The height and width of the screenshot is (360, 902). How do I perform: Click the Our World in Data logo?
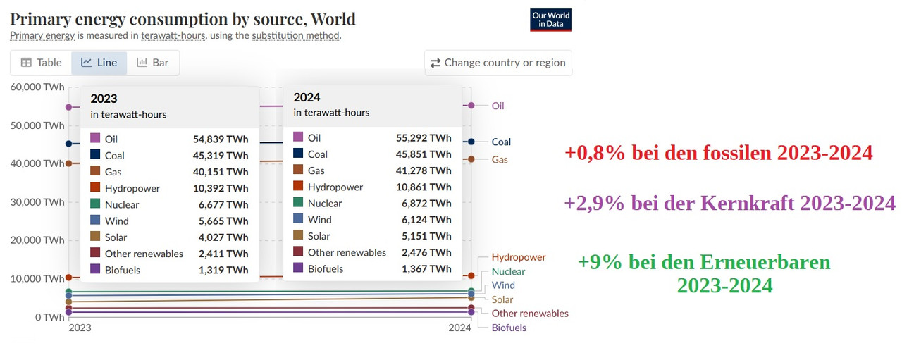click(550, 20)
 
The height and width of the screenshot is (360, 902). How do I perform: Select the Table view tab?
click(41, 63)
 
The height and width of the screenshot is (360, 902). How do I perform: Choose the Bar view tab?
click(153, 63)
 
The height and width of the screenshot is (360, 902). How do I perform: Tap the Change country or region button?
click(498, 63)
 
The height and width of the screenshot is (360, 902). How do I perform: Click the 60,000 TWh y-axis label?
click(37, 87)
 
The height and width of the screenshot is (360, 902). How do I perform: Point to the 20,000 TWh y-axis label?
click(37, 240)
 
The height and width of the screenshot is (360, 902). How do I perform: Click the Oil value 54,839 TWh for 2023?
click(221, 139)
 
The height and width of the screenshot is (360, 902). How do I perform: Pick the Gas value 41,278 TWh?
click(424, 170)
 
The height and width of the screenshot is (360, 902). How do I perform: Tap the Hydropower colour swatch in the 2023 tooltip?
click(94, 188)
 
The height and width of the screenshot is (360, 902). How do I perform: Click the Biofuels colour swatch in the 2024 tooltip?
click(297, 268)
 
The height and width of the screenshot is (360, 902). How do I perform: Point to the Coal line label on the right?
click(501, 142)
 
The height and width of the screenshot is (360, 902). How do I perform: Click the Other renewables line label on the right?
click(530, 314)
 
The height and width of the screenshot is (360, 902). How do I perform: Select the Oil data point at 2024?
click(471, 105)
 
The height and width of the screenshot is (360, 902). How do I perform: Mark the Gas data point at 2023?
click(68, 163)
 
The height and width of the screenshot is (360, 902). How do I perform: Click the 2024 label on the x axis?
click(460, 328)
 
